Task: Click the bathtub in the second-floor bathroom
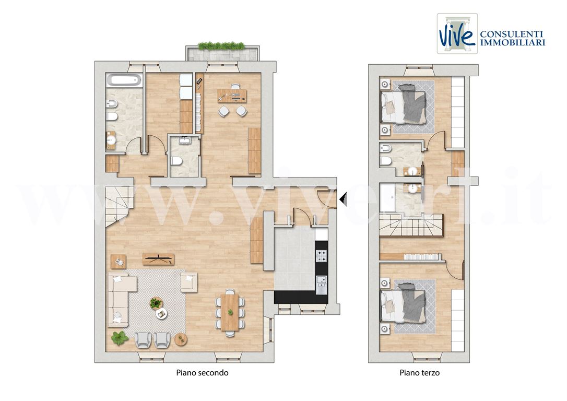124,80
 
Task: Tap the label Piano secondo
202,373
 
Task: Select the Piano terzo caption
419,373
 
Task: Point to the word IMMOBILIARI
512,42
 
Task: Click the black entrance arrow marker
343,198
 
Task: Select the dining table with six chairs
230,312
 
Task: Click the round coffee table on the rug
161,313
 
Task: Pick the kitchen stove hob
321,256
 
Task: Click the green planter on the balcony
222,46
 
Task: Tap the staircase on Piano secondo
119,206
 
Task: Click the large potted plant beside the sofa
120,338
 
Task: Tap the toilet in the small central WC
176,160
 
